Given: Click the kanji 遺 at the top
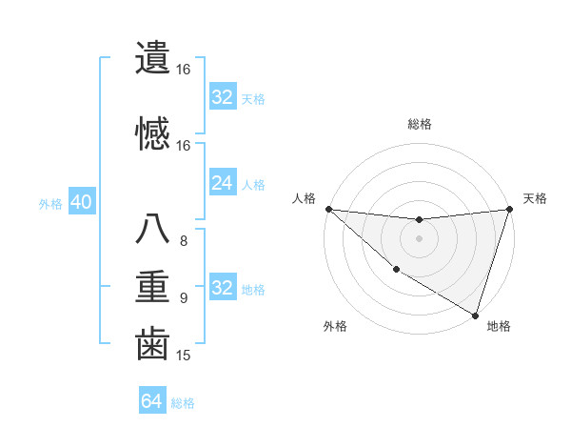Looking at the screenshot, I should pos(152,56).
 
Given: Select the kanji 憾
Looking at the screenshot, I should pos(152,132).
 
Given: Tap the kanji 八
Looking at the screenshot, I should pos(152,230).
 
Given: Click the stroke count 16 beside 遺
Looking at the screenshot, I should pos(184,70).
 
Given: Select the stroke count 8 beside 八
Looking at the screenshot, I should pos(184,241).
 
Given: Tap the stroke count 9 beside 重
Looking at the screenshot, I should pos(184,298).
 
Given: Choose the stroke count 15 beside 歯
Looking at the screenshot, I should pos(184,356).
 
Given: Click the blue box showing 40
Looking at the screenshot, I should pos(81,203).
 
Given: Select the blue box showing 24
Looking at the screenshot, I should pos(222,183).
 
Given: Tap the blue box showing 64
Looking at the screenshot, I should pos(151,401).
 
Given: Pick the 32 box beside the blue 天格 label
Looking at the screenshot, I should pos(222,97).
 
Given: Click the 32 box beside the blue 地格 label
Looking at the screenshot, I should pos(222,288).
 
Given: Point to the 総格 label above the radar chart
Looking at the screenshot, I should pos(420,124).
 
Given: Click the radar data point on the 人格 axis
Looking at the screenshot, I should pos(328,209).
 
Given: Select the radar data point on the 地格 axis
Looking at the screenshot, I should pos(475,315).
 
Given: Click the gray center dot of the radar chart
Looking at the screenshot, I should pos(419,238).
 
